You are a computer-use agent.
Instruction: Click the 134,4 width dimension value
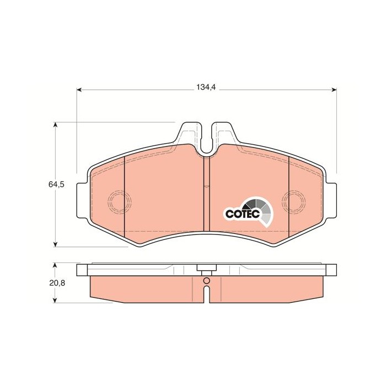206,87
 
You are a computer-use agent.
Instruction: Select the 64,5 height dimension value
56,184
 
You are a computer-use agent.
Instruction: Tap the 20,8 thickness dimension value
57,283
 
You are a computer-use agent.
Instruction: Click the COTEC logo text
243,214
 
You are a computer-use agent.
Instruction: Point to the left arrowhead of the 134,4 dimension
79,89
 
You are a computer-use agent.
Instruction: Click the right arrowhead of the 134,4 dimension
334,89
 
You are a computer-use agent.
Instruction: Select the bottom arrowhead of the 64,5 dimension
55,244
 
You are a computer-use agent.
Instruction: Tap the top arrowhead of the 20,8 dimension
55,265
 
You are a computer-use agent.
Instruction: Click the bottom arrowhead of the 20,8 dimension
55,301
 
